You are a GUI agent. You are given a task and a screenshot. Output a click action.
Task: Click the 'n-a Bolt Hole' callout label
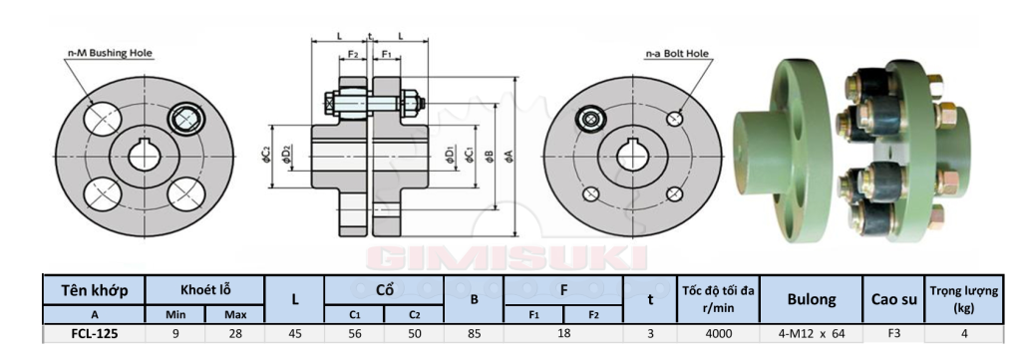coord(676,53)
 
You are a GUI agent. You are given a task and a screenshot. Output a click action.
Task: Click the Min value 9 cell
coord(175,334)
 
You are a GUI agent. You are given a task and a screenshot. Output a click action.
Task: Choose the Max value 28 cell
coord(235,334)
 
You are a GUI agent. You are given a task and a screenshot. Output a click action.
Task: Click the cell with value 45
coord(294,334)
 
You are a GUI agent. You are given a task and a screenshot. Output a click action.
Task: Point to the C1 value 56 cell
coord(354,334)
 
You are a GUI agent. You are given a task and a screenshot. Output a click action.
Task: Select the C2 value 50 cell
coord(413,334)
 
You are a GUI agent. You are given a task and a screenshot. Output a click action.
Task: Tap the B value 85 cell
coord(475,334)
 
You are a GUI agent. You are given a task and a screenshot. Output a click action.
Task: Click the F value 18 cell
coord(563,334)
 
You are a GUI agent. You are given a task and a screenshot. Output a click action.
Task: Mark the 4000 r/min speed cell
coord(718,334)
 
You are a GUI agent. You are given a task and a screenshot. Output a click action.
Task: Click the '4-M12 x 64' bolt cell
coord(811,334)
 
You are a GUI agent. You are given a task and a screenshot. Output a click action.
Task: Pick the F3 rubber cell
coord(893,334)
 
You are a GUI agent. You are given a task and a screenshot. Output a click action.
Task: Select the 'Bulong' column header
coord(811,298)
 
